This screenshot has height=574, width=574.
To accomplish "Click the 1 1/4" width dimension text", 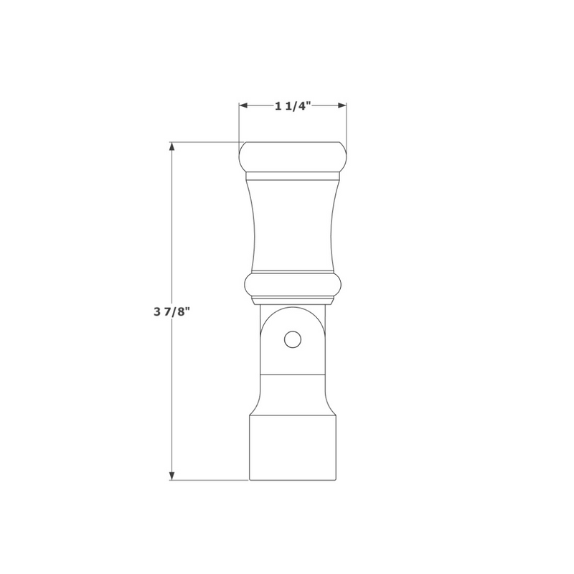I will [293, 106].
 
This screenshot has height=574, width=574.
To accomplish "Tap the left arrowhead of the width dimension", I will [243, 106].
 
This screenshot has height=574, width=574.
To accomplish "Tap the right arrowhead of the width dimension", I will [342, 106].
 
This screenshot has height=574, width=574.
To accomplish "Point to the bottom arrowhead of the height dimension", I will [171, 475].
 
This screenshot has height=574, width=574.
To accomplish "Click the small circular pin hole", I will [291, 339].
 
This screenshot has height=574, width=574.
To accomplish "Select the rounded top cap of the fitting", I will [293, 156].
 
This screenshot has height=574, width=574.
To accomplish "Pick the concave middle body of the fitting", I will [293, 222].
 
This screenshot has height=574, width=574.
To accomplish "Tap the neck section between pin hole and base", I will [293, 393].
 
